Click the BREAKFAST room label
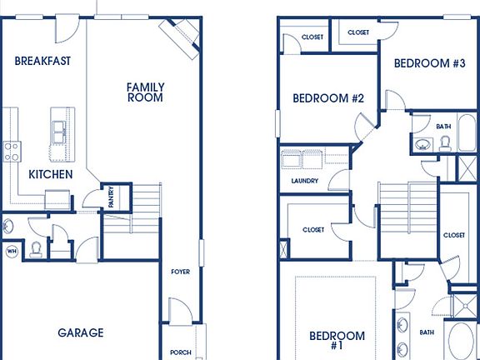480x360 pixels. (42, 61)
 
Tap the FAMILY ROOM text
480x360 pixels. (145, 92)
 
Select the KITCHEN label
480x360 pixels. (50, 174)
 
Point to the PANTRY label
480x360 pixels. (111, 197)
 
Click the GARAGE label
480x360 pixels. (81, 332)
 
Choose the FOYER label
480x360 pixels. (180, 271)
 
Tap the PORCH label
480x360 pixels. (180, 352)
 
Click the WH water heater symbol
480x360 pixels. (12, 250)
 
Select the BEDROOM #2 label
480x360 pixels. (328, 98)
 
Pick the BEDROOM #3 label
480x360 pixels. (428, 63)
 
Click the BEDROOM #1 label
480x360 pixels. (337, 341)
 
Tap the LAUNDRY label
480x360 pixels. (304, 181)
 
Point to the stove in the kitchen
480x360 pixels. (12, 151)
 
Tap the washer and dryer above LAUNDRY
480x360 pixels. (303, 159)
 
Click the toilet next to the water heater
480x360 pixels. (36, 248)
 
